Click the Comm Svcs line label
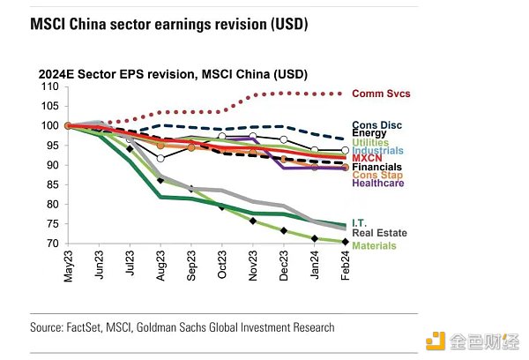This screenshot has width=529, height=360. [x=381, y=94]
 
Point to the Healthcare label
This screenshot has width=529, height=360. [x=379, y=184]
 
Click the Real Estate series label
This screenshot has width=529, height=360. [x=379, y=233]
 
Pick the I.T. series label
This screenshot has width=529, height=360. [x=361, y=223]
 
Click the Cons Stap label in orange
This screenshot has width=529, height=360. [x=377, y=175]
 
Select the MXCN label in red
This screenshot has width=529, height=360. [x=369, y=159]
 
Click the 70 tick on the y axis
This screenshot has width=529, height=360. [x=52, y=243]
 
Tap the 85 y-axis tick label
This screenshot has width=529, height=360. [x=52, y=184]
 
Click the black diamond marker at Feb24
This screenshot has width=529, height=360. [x=345, y=241]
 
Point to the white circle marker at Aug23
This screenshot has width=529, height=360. [x=160, y=158]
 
